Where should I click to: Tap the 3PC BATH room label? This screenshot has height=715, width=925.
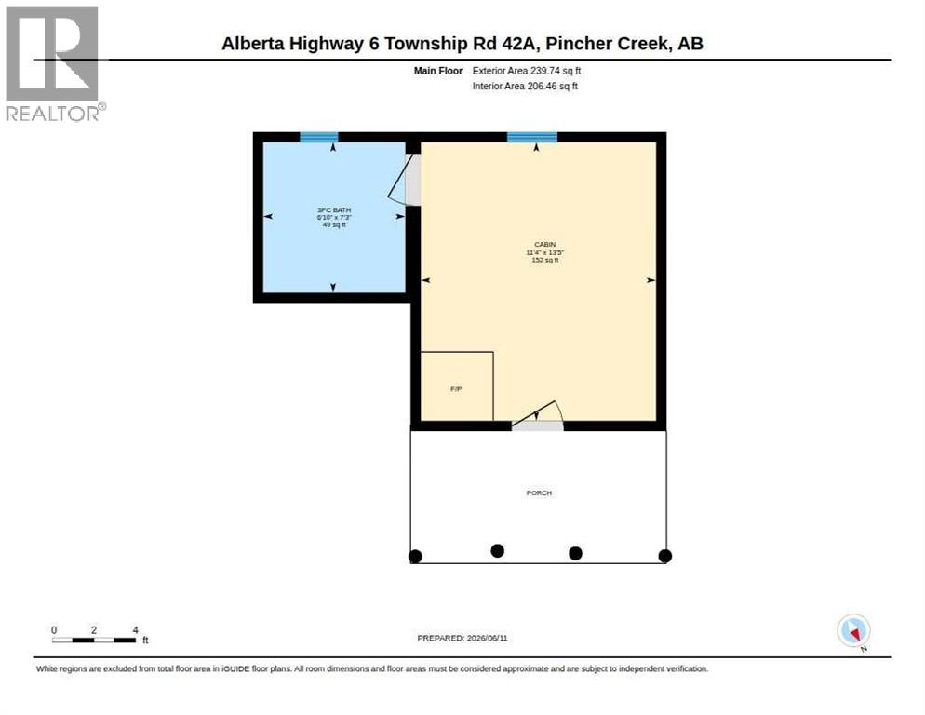(334, 210)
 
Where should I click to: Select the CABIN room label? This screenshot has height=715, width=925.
(545, 245)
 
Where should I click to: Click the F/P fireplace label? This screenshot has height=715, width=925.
(456, 389)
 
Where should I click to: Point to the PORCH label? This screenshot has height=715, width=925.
(539, 493)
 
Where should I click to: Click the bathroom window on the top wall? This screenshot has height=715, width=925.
(319, 138)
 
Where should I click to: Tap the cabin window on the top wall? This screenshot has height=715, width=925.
(532, 138)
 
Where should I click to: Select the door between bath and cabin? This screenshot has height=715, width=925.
(406, 180)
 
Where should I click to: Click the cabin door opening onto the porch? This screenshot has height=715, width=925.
(538, 415)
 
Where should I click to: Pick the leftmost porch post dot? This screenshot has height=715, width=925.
(415, 556)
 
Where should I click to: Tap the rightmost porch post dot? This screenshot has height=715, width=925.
(664, 556)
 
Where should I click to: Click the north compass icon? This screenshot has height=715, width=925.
(853, 631)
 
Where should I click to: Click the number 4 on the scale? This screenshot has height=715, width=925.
(135, 630)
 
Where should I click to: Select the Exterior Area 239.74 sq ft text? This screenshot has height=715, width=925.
(526, 71)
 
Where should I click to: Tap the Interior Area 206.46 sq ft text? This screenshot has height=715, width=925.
(525, 87)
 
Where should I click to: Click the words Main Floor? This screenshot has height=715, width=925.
(437, 71)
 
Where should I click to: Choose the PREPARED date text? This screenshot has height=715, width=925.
(462, 639)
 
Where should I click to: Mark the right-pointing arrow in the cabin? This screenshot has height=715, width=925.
(650, 280)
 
